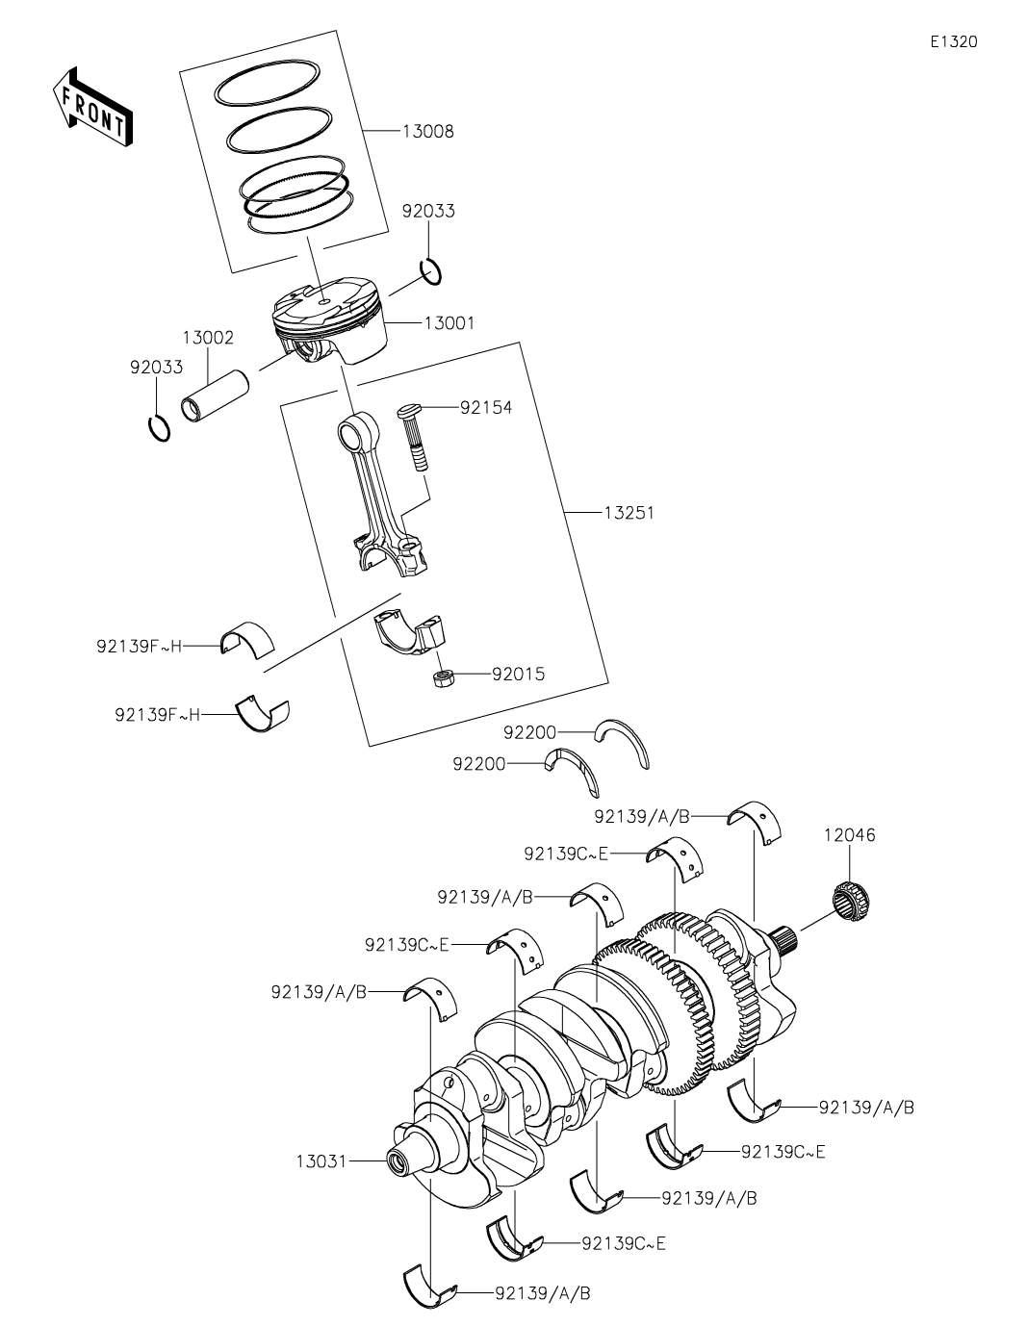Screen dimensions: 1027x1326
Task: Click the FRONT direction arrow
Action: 92,108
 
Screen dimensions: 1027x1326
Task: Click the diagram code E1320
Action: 954,41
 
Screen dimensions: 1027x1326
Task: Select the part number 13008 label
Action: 427,132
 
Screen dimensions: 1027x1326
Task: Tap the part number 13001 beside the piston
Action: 449,322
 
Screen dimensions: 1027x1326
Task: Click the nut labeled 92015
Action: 441,678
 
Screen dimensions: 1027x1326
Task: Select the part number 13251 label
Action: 629,513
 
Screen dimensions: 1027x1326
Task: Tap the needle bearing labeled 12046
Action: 853,902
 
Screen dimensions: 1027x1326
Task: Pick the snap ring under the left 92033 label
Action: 160,428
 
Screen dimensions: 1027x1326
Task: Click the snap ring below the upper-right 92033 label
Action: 431,272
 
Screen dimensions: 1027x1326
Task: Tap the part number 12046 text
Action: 850,835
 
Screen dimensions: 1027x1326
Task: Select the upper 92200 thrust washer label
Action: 529,732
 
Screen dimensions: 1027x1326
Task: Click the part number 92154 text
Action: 486,408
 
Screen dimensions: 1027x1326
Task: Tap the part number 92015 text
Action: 519,675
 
